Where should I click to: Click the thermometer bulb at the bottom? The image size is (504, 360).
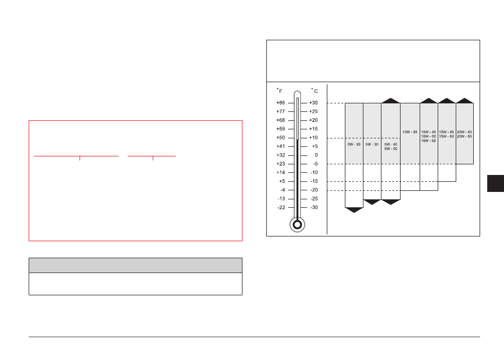[x=297, y=224]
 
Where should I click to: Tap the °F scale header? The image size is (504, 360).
[x=280, y=91]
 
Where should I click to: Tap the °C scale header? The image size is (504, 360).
[x=315, y=91]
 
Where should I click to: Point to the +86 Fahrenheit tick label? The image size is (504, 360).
[x=281, y=103]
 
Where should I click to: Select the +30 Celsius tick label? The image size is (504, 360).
[x=314, y=103]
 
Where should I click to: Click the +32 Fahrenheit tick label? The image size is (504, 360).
[x=281, y=155]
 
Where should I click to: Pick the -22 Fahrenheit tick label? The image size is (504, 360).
[x=281, y=207]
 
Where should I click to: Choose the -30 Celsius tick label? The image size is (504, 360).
[x=314, y=207]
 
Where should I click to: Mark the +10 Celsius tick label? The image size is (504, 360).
[x=314, y=138]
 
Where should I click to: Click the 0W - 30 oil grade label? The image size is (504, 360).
[x=354, y=145]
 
